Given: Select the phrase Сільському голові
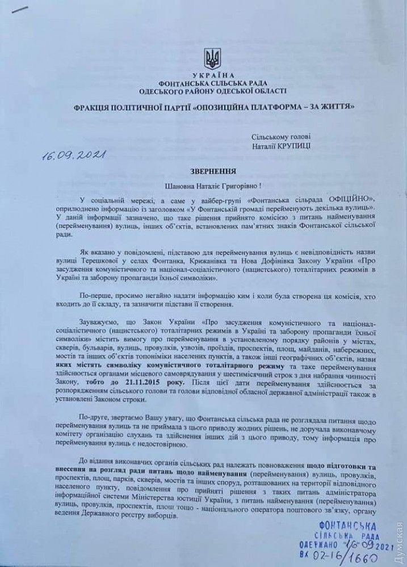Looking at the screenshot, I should point(280,137).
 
